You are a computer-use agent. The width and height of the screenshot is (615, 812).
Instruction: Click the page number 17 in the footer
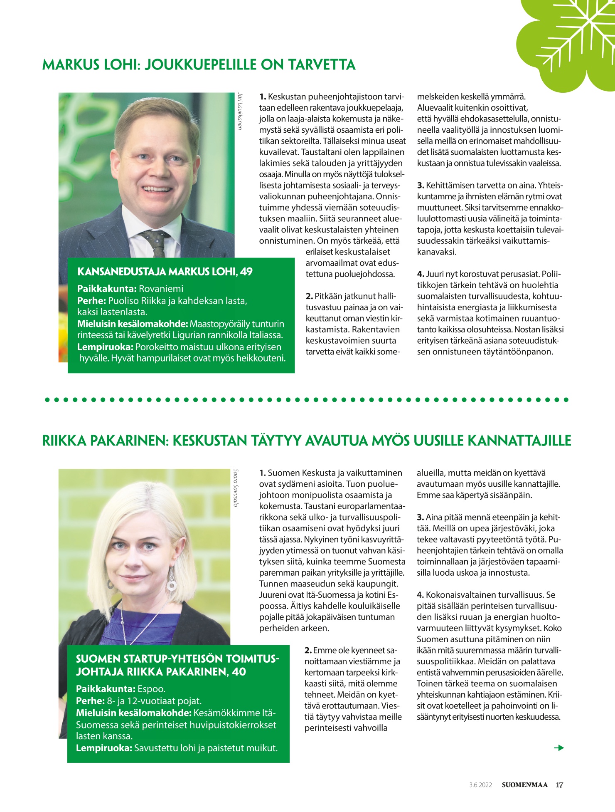click(559, 785)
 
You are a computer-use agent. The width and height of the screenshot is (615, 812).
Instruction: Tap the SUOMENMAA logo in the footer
click(524, 785)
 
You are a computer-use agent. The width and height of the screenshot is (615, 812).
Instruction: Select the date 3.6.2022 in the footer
click(480, 785)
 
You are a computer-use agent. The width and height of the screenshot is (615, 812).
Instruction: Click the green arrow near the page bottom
click(559, 748)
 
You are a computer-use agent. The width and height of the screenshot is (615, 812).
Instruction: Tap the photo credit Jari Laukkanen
click(239, 111)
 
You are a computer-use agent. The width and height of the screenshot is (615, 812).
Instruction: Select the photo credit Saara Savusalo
click(236, 488)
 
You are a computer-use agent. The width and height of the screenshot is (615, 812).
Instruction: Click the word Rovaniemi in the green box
click(161, 289)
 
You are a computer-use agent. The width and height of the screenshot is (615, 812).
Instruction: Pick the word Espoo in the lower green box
click(151, 689)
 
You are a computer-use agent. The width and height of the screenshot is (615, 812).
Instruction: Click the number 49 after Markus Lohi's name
click(246, 272)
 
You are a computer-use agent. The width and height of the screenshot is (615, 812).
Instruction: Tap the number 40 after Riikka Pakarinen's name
click(239, 672)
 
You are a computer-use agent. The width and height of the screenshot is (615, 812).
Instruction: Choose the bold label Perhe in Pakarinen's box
click(90, 701)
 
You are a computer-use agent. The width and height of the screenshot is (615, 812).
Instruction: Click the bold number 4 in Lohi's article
click(421, 274)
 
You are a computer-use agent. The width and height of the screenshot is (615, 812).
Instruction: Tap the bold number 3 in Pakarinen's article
click(420, 517)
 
